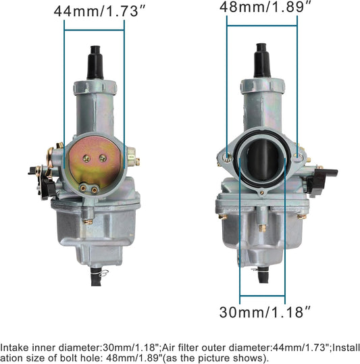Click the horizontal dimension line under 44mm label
95,29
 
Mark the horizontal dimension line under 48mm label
261,25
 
